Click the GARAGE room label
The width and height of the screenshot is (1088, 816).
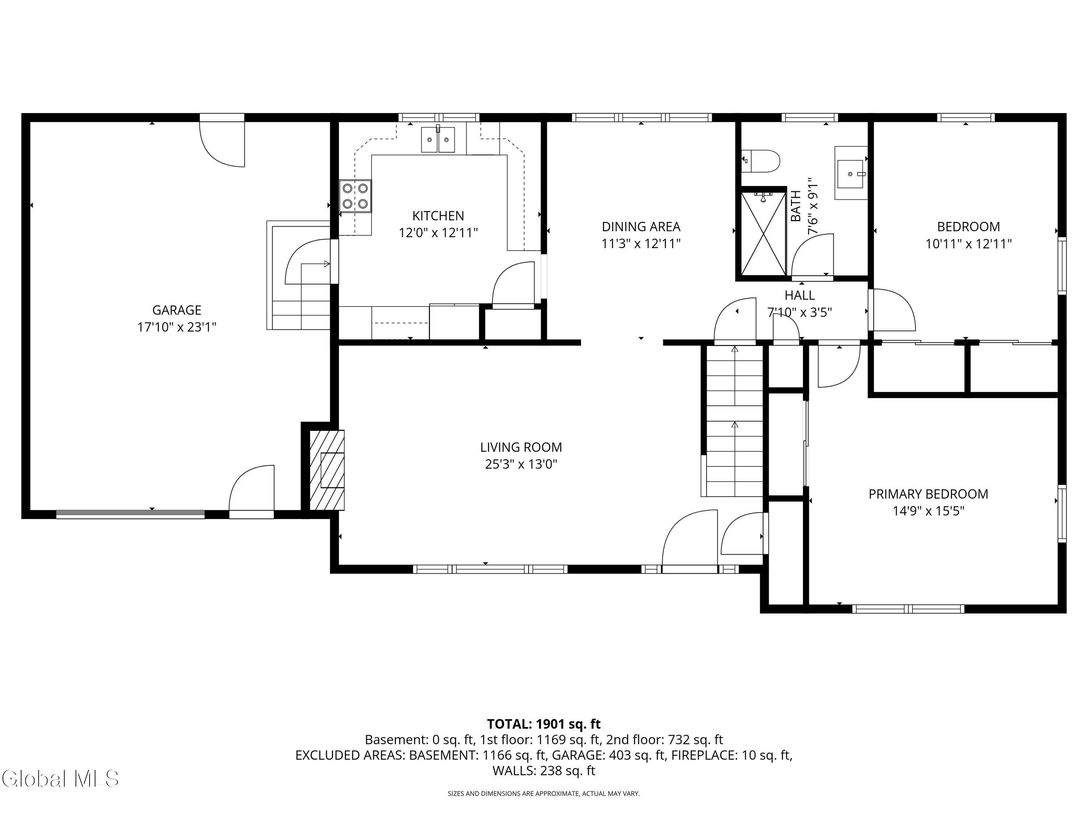click(177, 310)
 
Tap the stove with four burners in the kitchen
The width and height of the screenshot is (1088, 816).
click(355, 196)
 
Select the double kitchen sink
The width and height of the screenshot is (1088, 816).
click(438, 140)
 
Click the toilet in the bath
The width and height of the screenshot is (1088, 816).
click(761, 161)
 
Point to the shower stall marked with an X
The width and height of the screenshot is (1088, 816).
click(763, 234)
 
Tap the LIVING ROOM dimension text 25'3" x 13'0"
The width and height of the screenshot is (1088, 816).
click(521, 464)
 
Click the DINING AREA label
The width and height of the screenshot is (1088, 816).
click(641, 227)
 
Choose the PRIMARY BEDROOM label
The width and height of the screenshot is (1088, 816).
click(928, 494)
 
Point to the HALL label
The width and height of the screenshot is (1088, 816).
click(799, 295)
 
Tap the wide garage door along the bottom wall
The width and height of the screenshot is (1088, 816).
click(130, 515)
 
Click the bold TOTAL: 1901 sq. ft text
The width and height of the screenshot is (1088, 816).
click(544, 724)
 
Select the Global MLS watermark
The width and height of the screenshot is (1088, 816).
click(60, 779)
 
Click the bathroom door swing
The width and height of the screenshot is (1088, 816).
click(813, 256)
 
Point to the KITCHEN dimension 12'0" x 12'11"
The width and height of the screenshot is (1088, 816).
click(438, 233)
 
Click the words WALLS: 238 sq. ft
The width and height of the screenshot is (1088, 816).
click(544, 771)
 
